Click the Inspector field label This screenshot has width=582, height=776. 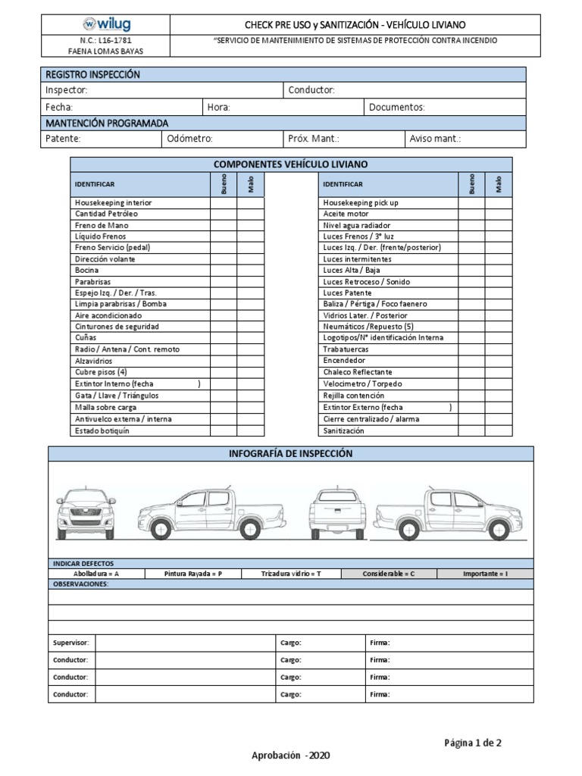[67, 90]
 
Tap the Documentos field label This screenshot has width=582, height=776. [396, 108]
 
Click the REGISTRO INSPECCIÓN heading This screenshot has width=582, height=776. [92, 74]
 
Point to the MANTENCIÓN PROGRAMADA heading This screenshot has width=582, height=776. [107, 123]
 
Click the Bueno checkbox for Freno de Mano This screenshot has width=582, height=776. [224, 225]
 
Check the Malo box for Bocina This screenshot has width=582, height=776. [251, 270]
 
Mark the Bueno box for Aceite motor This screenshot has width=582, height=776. [471, 214]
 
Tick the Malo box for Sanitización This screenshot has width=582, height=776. [499, 430]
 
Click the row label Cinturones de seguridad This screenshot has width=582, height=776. [116, 327]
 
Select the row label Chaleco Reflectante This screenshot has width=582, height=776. [358, 372]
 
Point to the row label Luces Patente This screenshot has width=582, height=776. [347, 293]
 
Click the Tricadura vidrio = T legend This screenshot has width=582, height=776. [291, 574]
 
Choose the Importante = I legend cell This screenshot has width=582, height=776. [485, 574]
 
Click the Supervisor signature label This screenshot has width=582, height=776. [71, 643]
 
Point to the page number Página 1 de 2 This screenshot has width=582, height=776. [473, 743]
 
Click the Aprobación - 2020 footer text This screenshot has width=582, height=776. [290, 756]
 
